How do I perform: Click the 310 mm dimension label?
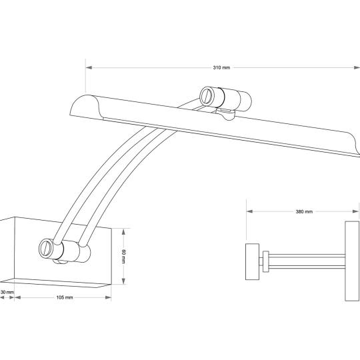point(221,67)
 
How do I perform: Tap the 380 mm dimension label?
point(304,211)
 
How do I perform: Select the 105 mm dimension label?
point(65,297)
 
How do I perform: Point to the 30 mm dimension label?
point(7,292)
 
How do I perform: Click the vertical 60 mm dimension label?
point(123,256)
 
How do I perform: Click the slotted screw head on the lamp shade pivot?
point(208,96)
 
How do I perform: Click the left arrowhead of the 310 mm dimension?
point(89,67)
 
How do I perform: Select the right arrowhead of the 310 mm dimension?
point(356,67)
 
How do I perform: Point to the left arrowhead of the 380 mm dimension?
point(249,211)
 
